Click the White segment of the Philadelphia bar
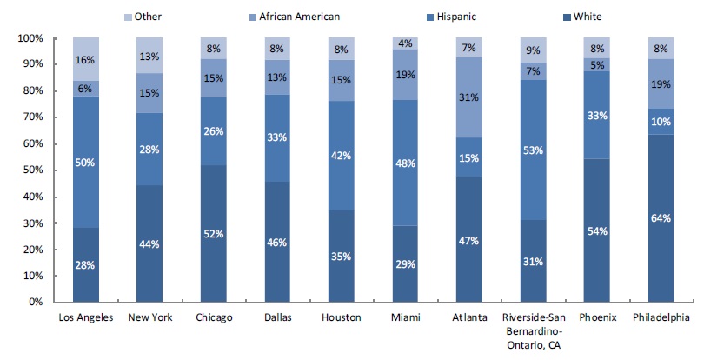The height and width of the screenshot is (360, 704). click(x=660, y=217)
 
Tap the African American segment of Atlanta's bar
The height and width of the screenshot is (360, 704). click(x=469, y=98)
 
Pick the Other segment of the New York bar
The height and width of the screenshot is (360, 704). click(x=149, y=56)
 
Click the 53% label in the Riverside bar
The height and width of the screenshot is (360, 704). click(x=533, y=150)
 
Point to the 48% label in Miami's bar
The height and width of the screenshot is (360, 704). click(x=405, y=162)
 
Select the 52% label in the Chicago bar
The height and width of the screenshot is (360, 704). click(x=213, y=234)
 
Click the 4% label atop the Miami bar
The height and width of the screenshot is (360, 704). click(x=405, y=43)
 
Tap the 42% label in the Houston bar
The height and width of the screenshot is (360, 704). click(x=342, y=157)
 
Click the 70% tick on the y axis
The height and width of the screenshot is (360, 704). click(x=30, y=117)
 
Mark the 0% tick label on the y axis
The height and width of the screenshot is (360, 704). click(x=35, y=303)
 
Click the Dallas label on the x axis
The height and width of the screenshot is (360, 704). click(x=277, y=317)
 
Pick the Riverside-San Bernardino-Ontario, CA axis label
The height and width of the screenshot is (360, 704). click(x=533, y=330)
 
